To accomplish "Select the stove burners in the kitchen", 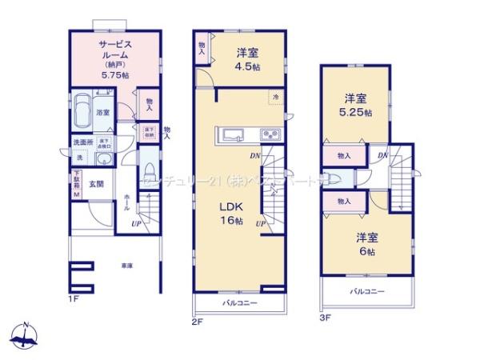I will click(x=270, y=134).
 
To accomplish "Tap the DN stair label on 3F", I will click(x=382, y=154).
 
